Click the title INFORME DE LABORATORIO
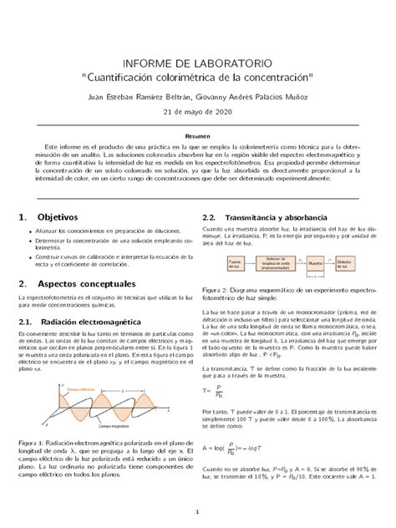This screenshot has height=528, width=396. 197,63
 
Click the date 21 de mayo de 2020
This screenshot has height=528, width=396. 197,112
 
